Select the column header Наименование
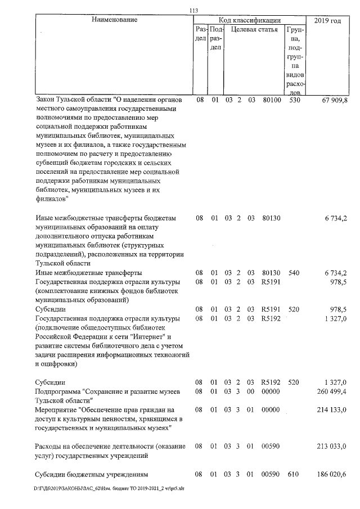[x=115, y=20]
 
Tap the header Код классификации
[x=251, y=20]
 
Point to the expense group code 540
[x=294, y=273]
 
